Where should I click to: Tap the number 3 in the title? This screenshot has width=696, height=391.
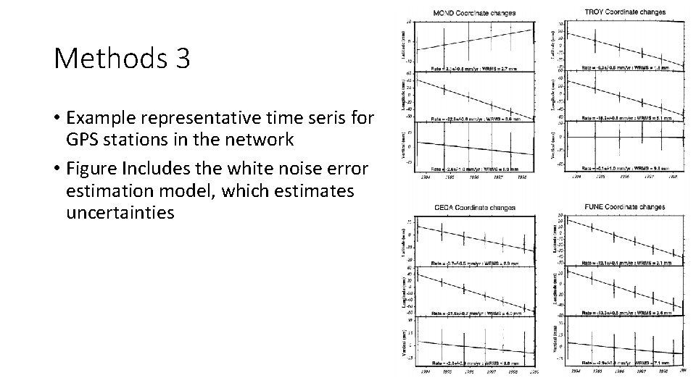(181, 59)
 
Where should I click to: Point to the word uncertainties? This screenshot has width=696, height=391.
(120, 214)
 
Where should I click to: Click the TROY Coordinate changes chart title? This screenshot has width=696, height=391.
(625, 12)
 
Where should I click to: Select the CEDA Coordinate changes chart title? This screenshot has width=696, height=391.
(476, 208)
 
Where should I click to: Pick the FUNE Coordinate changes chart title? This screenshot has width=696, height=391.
(625, 207)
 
